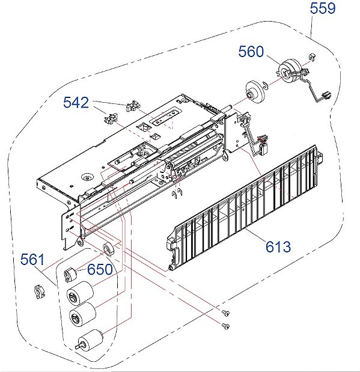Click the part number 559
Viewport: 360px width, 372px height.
pyautogui.click(x=323, y=8)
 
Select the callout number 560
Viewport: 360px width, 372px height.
pyautogui.click(x=251, y=52)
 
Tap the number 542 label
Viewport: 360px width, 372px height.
pyautogui.click(x=76, y=103)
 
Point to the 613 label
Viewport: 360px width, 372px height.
pyautogui.click(x=278, y=246)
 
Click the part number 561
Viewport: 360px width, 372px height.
pyautogui.click(x=32, y=260)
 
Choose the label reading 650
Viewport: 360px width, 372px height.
pyautogui.click(x=100, y=269)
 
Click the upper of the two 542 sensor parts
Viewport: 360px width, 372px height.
pyautogui.click(x=133, y=106)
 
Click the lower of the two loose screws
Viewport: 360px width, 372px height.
pyautogui.click(x=225, y=326)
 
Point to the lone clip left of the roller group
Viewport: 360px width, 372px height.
pyautogui.click(x=40, y=293)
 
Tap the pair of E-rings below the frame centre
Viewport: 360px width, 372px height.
pyautogui.click(x=175, y=193)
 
